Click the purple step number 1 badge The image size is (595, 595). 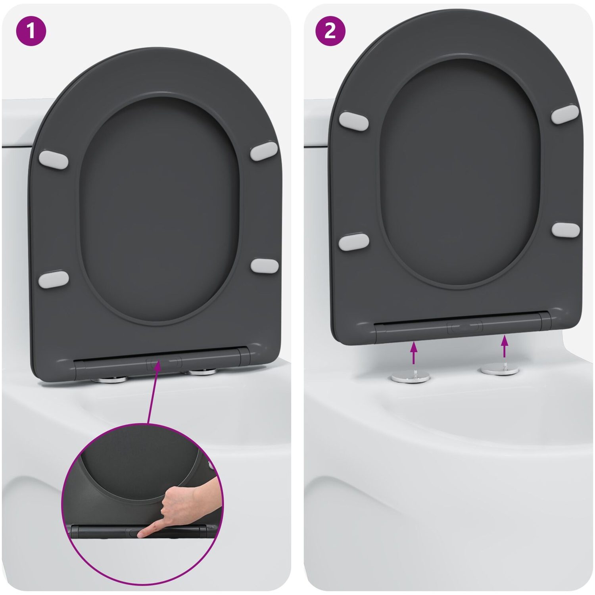coord(31,31)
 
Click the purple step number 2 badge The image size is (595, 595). coord(330,31)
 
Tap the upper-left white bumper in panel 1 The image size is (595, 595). coord(54,159)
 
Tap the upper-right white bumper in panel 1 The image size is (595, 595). coord(264,151)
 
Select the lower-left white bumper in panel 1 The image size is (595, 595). coord(54,279)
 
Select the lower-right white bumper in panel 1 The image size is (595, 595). coord(264,266)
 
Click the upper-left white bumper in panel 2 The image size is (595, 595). coord(354,121)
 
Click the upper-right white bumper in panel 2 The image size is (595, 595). coord(565,114)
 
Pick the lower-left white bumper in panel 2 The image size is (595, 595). coord(354,242)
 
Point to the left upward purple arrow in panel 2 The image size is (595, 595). coord(414,353)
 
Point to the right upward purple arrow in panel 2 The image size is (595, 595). coord(505,346)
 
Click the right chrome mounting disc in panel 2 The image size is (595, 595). coord(500,370)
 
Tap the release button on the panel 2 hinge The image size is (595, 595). coord(464,327)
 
